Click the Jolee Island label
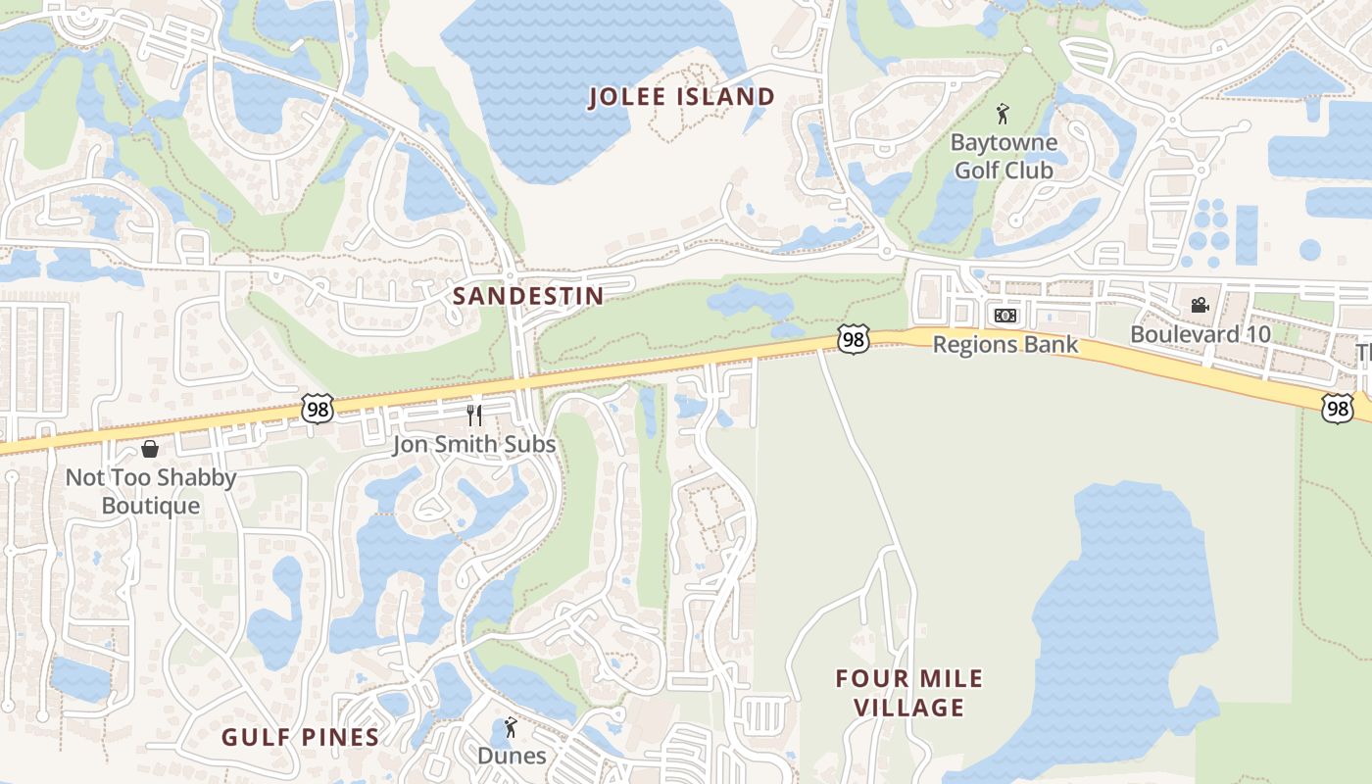coord(682,97)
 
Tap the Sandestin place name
coord(528,295)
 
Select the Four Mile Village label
coord(908,693)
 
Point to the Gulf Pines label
coord(300,737)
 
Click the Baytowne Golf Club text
coord(1004,157)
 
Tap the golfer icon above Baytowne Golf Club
coord(1002,114)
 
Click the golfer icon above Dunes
coord(509,728)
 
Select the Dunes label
coord(512,756)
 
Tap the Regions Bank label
coord(1004,345)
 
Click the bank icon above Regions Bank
coord(1004,316)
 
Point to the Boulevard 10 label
coord(1200,334)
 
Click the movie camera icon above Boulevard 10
coord(1200,305)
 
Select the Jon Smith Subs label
coord(474,445)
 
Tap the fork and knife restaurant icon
coord(474,416)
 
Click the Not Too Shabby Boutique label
coord(151,492)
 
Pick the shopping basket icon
coord(150,449)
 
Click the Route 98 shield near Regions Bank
coord(854,339)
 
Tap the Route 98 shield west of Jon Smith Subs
coord(318,409)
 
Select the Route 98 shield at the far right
coord(1338,409)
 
